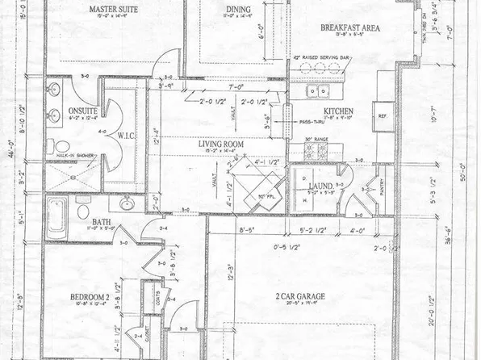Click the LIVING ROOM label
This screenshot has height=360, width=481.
221,144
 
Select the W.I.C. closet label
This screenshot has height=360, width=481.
127,135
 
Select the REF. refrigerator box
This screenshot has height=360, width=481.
383,117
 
